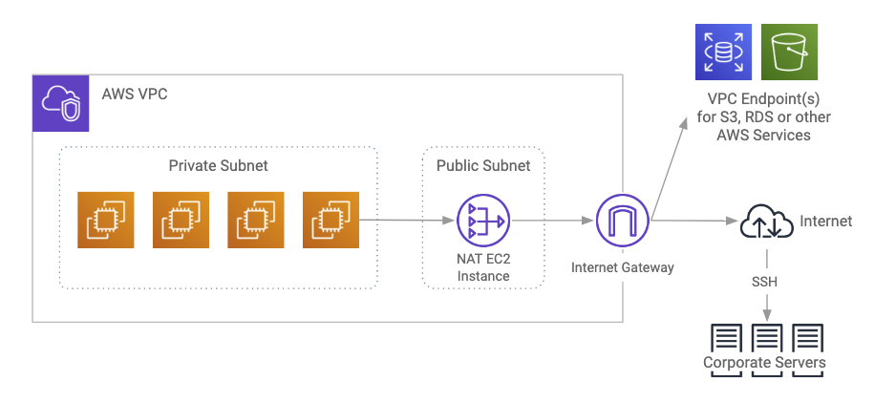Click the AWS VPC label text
coord(134,95)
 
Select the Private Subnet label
coord(218,165)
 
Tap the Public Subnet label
coord(482,165)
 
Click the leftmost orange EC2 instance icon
coord(105,220)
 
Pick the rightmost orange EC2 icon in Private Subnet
coord(330,220)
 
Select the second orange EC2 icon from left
coord(181,220)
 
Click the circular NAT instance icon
coord(482,221)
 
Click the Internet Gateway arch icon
coord(622,221)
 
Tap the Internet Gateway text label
coord(622,267)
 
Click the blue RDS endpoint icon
coord(723,53)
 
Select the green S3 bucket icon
coord(789,53)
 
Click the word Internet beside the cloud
coord(825,221)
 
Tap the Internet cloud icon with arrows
coord(767,222)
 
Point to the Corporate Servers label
coord(764,363)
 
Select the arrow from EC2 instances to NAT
coord(407,221)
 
